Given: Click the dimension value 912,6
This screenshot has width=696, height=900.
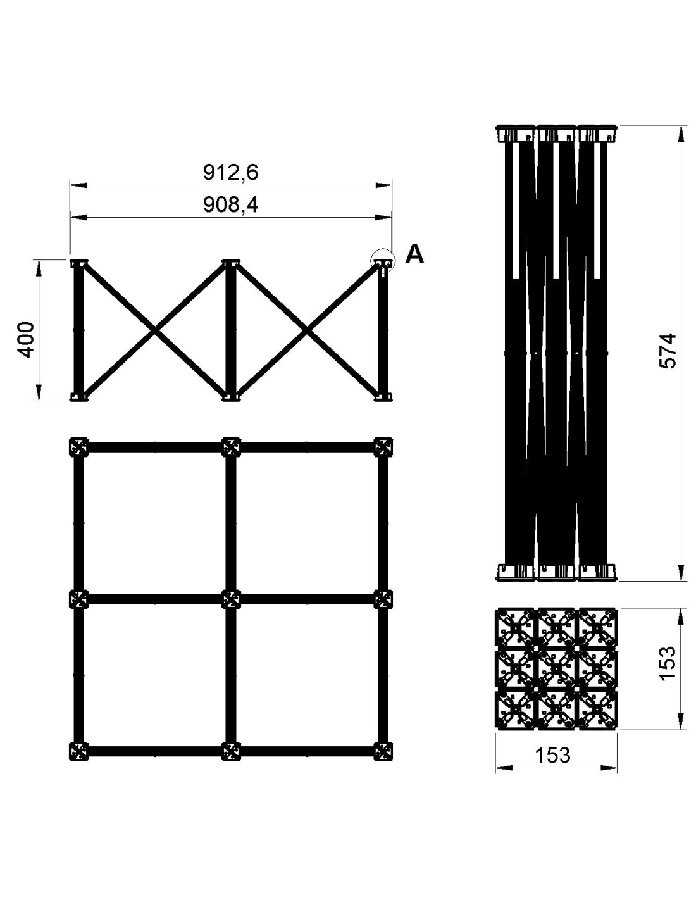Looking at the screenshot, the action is [x=230, y=172].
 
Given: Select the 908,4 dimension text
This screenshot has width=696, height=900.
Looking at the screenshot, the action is [x=230, y=204].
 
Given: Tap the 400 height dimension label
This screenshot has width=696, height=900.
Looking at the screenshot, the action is [x=27, y=340].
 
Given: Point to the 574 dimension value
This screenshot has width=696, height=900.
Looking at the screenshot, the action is [x=667, y=351].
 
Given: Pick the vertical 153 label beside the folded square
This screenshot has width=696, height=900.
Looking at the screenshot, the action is [x=667, y=663].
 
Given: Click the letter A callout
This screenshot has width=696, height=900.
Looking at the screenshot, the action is [x=414, y=254].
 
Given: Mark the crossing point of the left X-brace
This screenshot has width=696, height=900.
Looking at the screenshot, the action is [x=154, y=330].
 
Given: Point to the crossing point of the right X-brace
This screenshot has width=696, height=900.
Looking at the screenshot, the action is [x=306, y=330].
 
